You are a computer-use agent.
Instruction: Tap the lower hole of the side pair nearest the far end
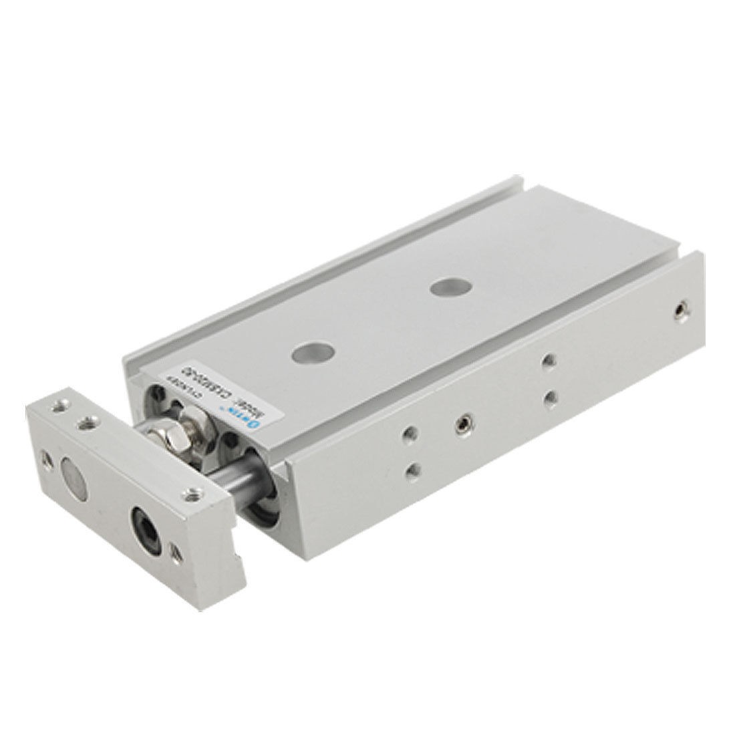click(x=549, y=397)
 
